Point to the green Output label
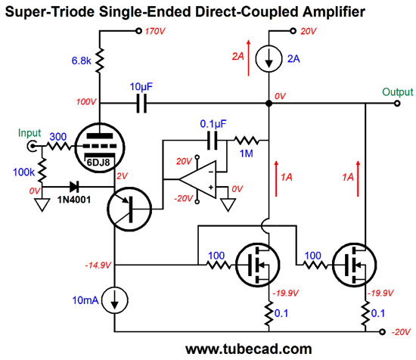(x=397, y=92)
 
